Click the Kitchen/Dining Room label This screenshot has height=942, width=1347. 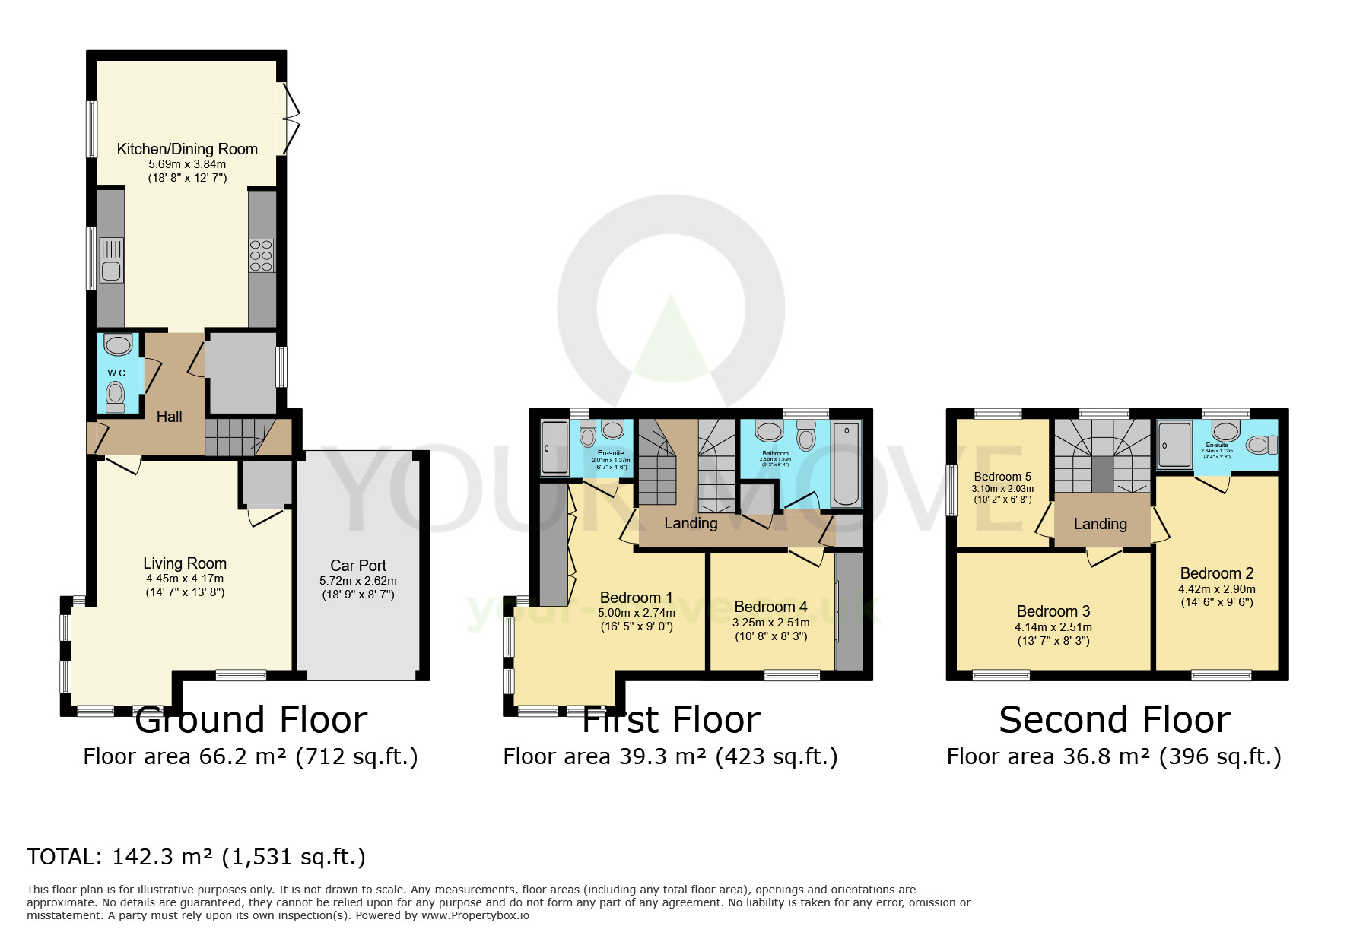click(187, 149)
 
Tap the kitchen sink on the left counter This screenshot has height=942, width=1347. click(111, 261)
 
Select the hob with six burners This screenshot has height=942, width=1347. click(261, 256)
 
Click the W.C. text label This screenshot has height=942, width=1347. click(117, 373)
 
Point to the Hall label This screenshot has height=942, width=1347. click(169, 417)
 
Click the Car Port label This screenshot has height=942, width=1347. click(358, 566)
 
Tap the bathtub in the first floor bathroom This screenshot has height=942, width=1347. click(846, 464)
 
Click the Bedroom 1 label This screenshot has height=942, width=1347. click(636, 598)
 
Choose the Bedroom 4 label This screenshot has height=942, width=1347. click(770, 607)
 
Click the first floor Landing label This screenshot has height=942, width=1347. click(691, 523)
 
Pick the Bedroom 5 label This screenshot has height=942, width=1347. click(1002, 477)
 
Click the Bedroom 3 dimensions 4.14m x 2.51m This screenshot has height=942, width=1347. click(1053, 627)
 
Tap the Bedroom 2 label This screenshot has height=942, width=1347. click(1217, 573)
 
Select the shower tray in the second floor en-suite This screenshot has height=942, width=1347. click(1174, 445)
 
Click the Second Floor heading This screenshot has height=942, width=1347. click(1114, 719)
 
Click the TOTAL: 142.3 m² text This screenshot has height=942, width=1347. click(196, 858)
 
